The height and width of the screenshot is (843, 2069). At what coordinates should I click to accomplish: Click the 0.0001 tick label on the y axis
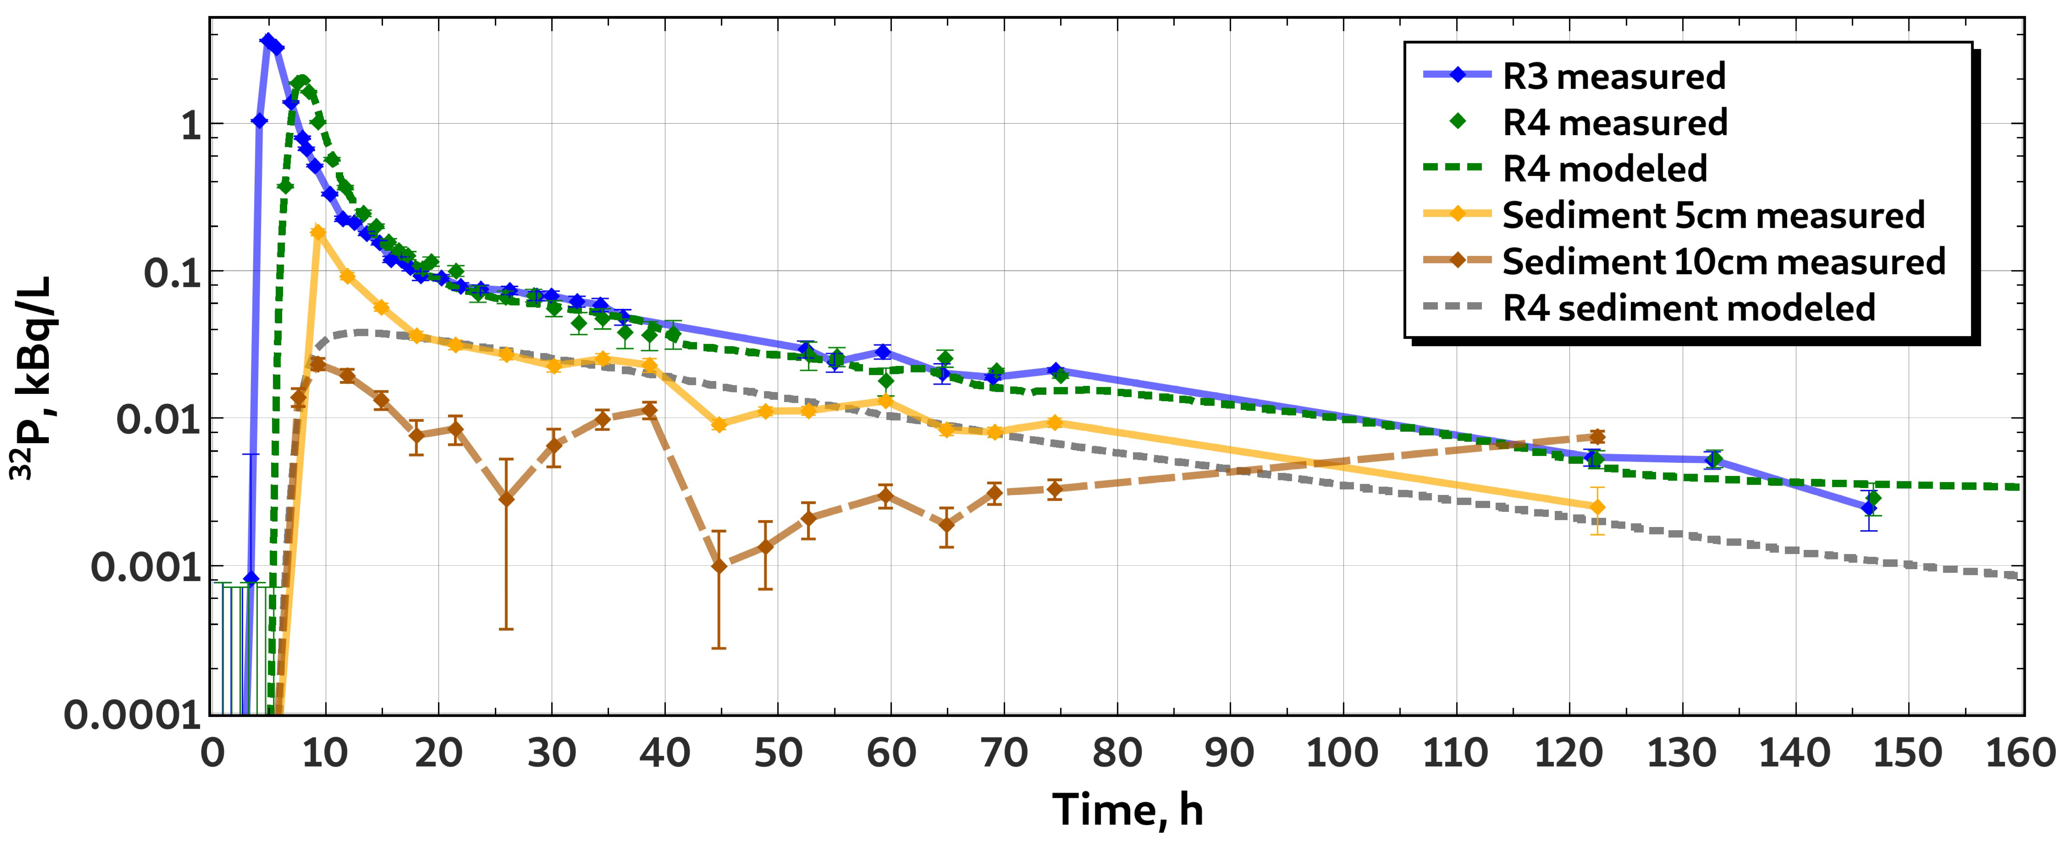click(133, 715)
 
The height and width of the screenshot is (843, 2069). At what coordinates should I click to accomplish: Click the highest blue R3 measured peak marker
click(268, 41)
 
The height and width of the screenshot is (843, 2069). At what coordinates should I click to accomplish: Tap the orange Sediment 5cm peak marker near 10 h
click(318, 232)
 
